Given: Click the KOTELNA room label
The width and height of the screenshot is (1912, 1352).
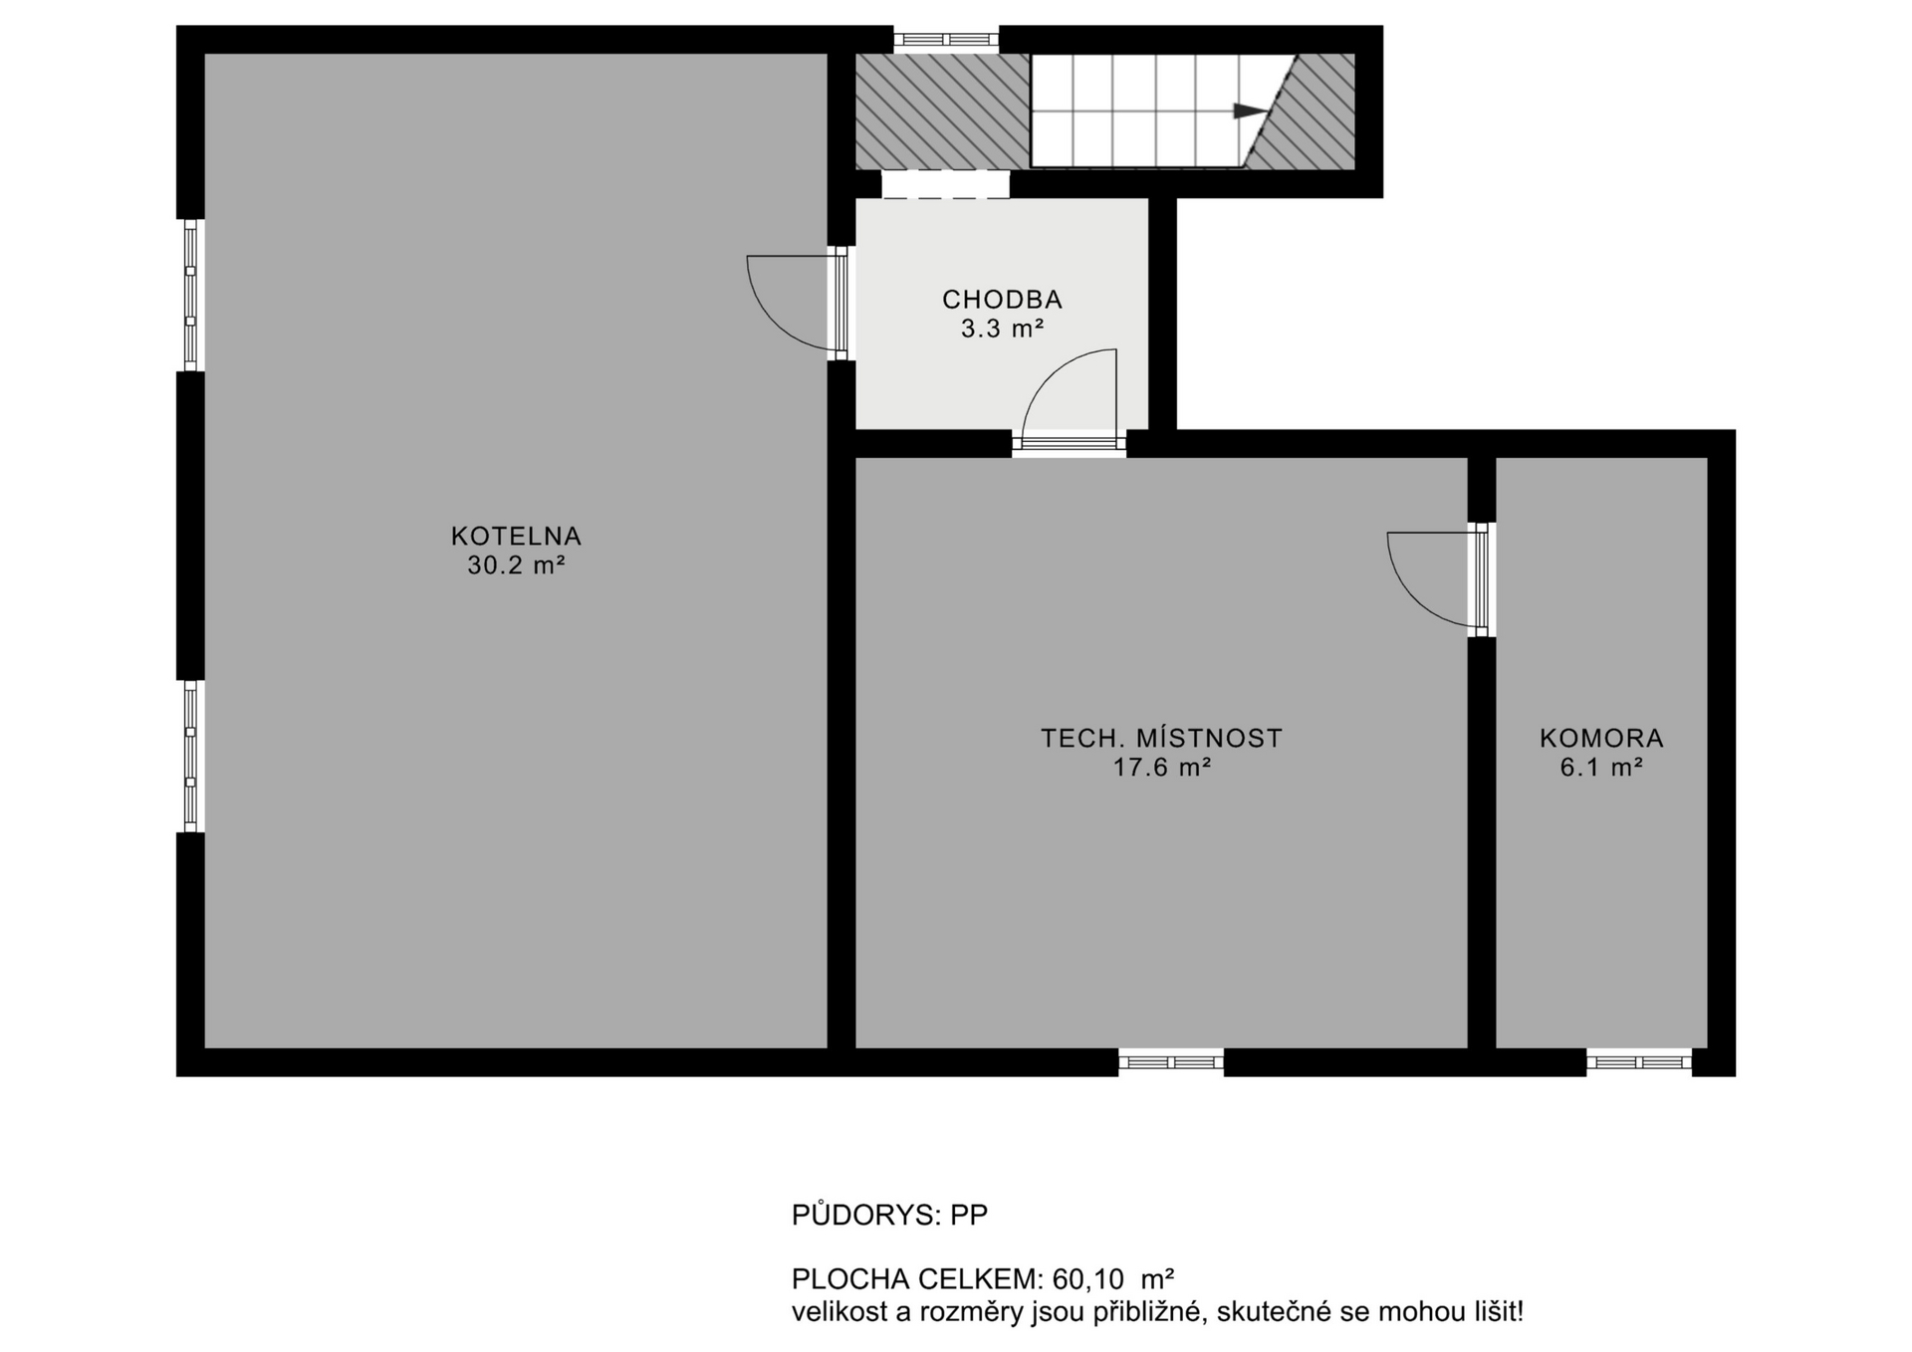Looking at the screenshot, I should pos(516,536).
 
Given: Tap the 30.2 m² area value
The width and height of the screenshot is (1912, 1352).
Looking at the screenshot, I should pos(516,565).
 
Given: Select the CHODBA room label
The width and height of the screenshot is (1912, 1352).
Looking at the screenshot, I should pos(1002,299).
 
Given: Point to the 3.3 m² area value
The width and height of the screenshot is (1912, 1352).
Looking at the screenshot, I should pos(1002,329).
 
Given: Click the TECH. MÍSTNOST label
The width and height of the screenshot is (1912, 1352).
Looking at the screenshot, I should pos(1161,738).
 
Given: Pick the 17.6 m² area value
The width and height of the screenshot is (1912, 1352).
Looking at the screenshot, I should pos(1161,768).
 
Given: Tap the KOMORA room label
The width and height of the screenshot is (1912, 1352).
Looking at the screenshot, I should pos(1601,738).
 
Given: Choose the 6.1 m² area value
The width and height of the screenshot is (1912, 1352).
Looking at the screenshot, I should pos(1601,768).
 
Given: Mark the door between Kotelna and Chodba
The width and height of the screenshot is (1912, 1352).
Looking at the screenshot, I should pos(841,304).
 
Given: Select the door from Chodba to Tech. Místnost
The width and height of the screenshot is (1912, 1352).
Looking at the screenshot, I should pos(1070,443).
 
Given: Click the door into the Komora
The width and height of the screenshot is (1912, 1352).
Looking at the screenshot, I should pos(1482,579).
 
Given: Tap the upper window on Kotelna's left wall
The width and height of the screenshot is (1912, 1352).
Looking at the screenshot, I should pos(190,295).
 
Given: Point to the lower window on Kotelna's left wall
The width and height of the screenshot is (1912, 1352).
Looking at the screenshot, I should pos(190,756).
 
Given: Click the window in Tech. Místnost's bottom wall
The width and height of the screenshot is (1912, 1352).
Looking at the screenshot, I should pos(1170,1062).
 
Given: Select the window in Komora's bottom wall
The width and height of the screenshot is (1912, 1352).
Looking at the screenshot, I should pos(1638,1062).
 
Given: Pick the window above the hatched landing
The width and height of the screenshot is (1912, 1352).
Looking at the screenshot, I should pos(945,40).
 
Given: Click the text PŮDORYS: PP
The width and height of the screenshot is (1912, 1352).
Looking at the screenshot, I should pos(889,1215).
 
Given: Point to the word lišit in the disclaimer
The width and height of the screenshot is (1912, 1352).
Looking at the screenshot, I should pos(1494,1312).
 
